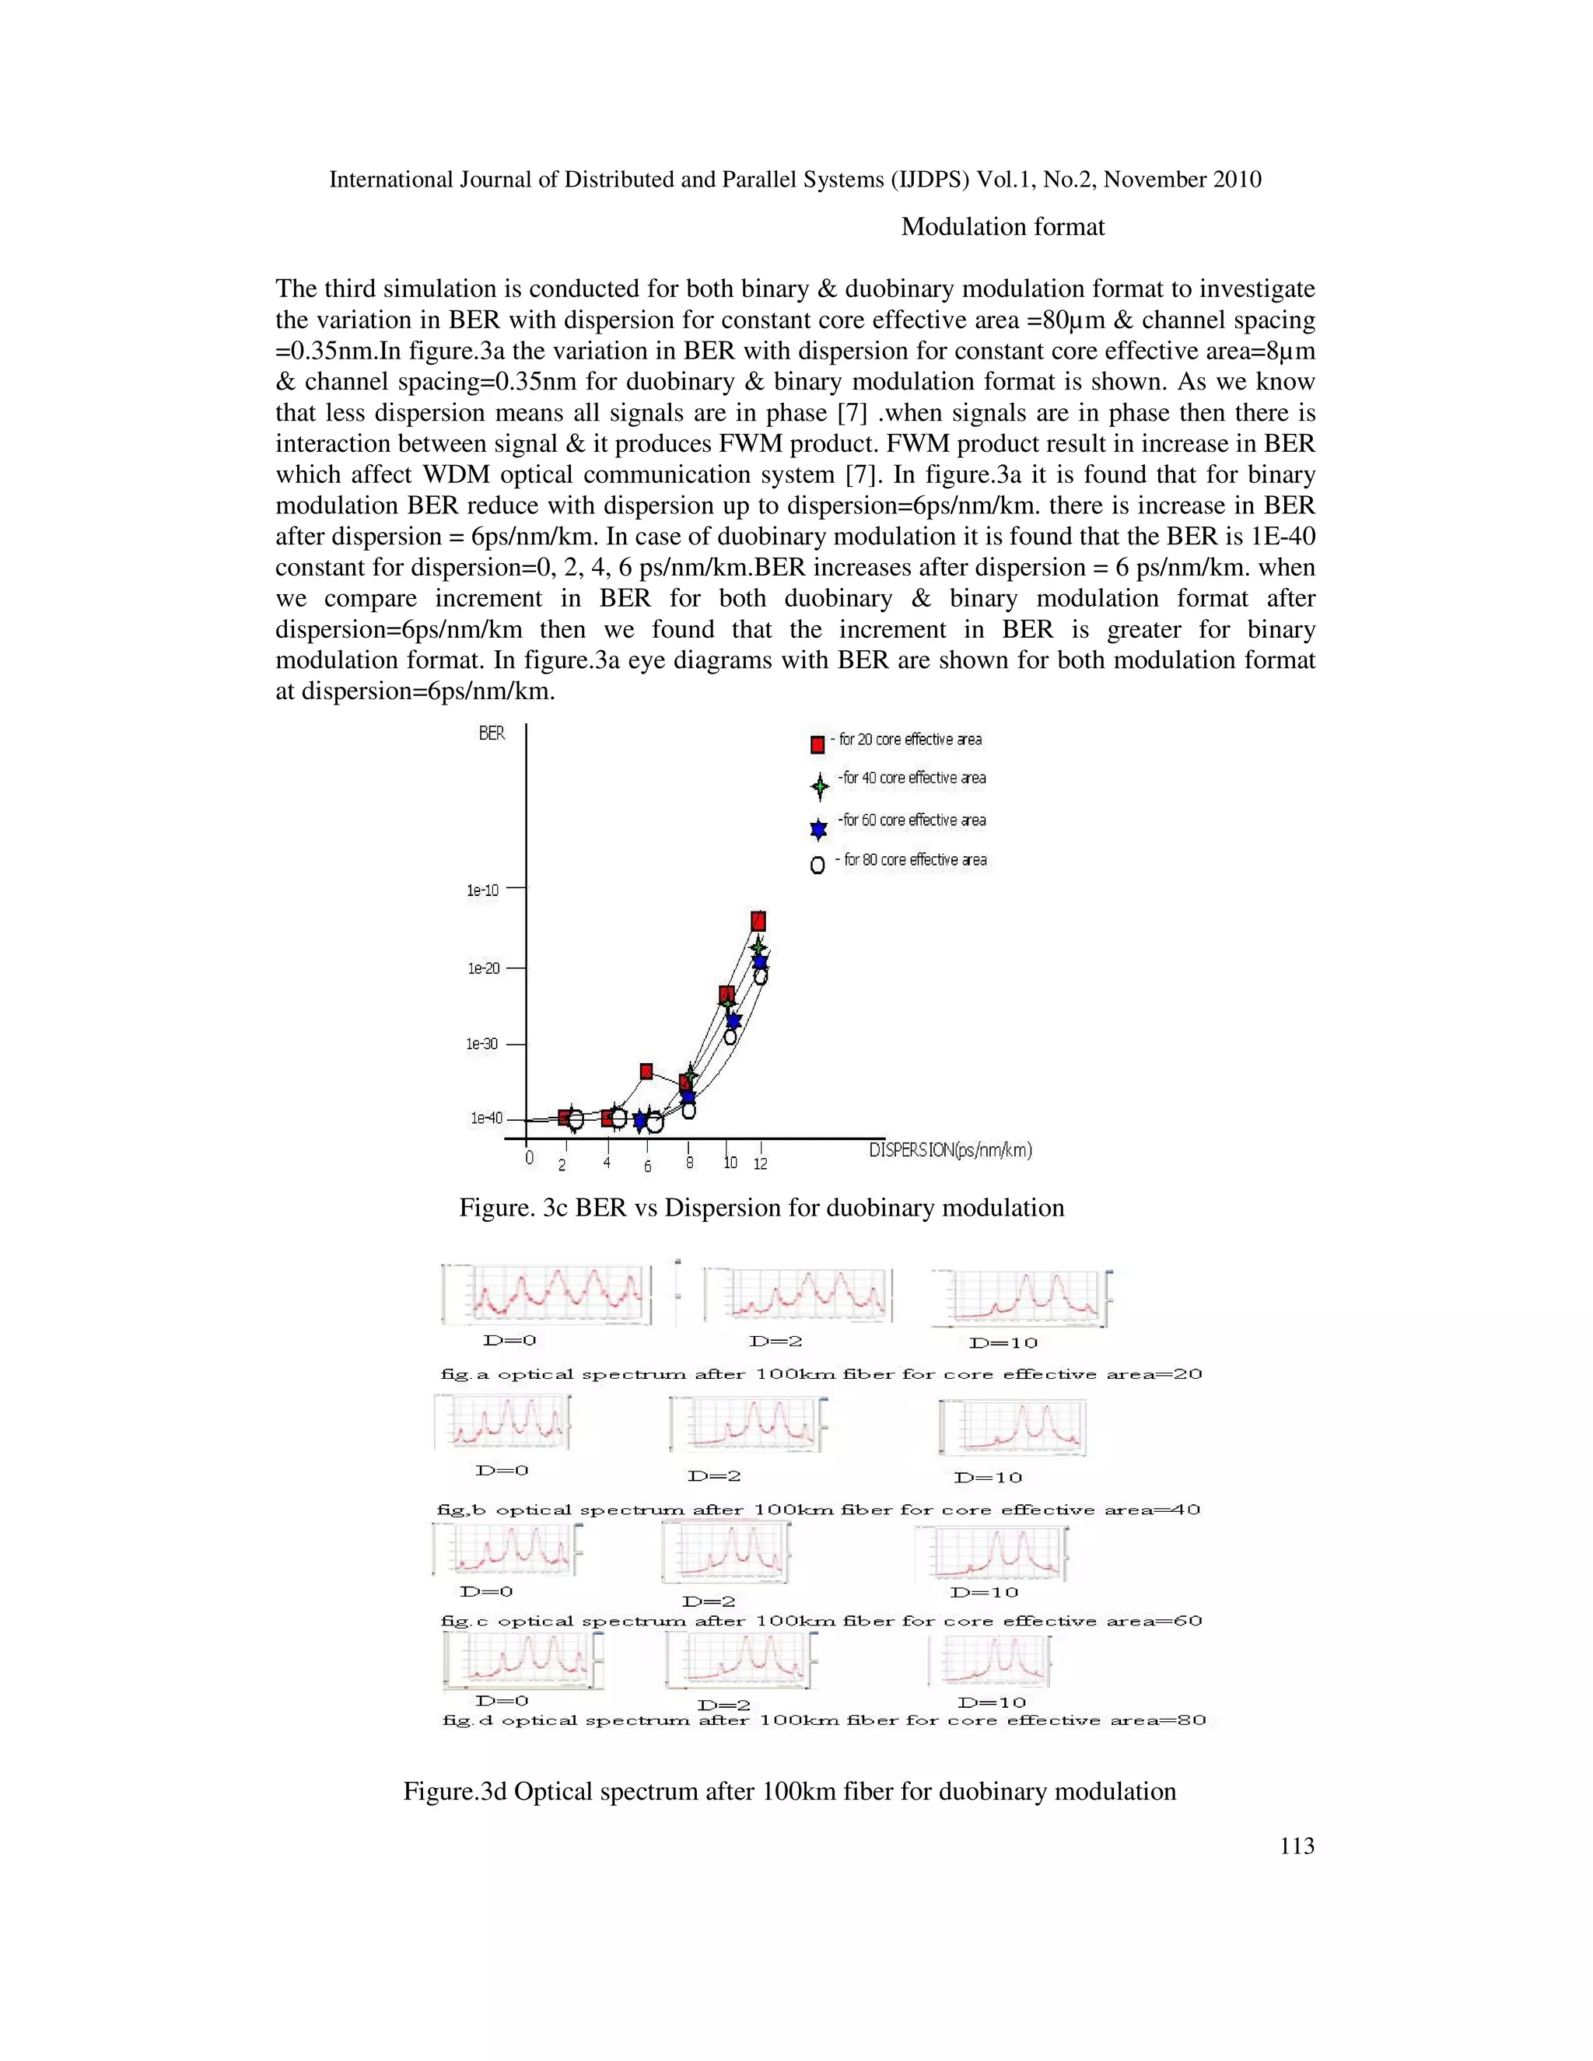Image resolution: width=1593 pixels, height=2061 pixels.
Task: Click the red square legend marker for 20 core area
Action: pos(818,744)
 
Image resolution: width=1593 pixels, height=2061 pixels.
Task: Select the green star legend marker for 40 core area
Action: pos(819,784)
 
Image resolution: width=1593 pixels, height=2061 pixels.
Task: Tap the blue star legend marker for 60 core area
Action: pos(818,828)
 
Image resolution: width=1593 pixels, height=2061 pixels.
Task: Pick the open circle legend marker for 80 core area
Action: pos(818,864)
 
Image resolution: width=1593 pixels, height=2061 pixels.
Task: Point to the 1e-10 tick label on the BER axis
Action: pos(482,890)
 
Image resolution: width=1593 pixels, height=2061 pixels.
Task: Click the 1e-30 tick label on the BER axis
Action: pos(482,1044)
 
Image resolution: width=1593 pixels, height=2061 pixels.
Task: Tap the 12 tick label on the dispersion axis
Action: pos(761,1164)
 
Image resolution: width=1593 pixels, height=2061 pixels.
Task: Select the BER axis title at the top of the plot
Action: pos(492,733)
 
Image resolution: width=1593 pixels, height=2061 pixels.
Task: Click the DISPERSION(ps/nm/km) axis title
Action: pos(950,1149)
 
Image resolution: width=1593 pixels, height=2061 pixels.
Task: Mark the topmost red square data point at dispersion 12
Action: pos(758,921)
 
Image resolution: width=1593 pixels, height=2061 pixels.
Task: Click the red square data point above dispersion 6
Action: pos(646,1071)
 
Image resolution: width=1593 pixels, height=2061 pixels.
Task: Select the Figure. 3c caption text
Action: pos(761,1208)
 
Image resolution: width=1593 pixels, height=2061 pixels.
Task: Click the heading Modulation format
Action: pos(1002,226)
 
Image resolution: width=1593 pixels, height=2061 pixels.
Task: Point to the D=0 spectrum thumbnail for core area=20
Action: pos(545,1294)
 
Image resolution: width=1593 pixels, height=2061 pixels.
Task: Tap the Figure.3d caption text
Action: pos(789,1791)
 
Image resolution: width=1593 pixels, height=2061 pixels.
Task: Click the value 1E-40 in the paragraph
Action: pos(1283,536)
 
